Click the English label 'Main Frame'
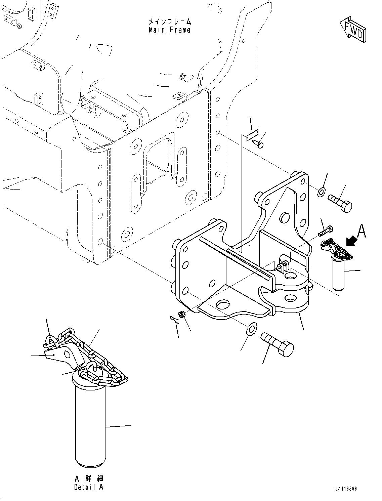[x=169, y=30]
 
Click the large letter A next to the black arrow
[x=361, y=231]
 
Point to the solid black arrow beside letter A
[x=351, y=241]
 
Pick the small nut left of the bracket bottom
[x=182, y=315]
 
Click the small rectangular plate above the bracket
[x=251, y=135]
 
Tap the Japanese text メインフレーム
[x=169, y=22]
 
